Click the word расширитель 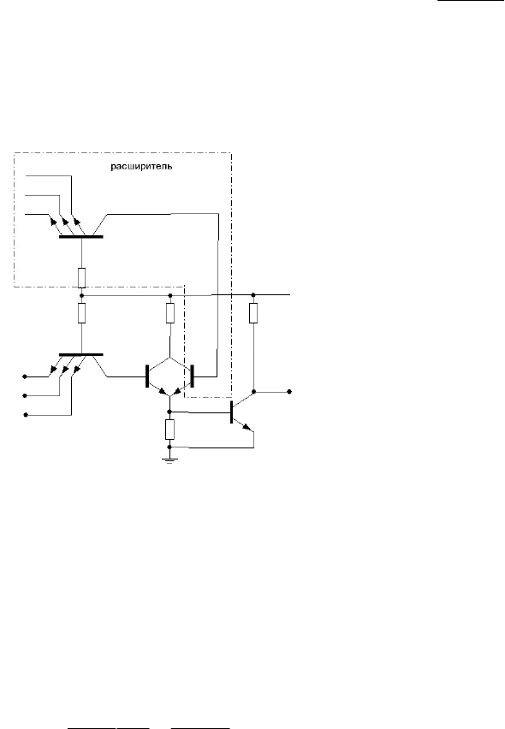tap(141, 167)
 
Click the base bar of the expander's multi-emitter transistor tap(81, 237)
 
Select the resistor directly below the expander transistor tap(82, 277)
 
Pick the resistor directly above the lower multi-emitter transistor tap(82, 313)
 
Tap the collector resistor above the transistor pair tap(170, 313)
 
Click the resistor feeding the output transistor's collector tap(253, 313)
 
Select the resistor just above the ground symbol tap(170, 430)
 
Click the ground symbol tap(170, 460)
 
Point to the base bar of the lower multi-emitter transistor tap(81, 355)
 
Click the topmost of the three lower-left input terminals tap(26, 376)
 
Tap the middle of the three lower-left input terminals tap(26, 395)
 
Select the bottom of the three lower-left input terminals tap(26, 415)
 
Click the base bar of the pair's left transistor tap(147, 376)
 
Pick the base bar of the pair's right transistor tap(192, 376)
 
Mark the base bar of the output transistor tap(232, 412)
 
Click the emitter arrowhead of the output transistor tap(247, 426)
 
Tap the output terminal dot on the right tap(289, 392)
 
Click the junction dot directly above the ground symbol tap(170, 447)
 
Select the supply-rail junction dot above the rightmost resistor tap(253, 294)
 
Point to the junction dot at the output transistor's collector tap(254, 392)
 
